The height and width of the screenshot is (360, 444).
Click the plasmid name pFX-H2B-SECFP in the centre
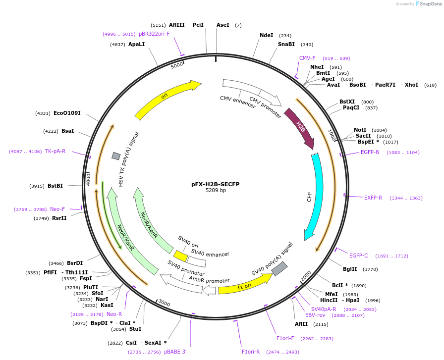(x=216, y=184)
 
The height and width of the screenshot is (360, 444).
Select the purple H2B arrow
(x=301, y=129)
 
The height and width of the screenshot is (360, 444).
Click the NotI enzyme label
(x=360, y=130)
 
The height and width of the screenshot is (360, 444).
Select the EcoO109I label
(x=67, y=113)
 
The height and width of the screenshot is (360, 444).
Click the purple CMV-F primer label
(x=307, y=58)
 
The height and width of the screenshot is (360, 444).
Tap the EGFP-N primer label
(x=370, y=152)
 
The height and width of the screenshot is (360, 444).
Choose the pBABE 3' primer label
(x=175, y=352)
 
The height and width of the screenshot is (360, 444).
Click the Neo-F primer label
(x=57, y=209)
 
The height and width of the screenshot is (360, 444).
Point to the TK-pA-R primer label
(x=55, y=151)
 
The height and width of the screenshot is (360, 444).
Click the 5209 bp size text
(x=216, y=191)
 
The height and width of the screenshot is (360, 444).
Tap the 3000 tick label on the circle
(x=164, y=304)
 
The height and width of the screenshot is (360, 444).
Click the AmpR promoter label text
(x=209, y=280)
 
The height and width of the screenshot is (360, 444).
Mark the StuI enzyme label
(x=135, y=329)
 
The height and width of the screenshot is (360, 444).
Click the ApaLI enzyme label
(x=136, y=44)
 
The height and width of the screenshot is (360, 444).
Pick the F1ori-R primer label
(x=251, y=352)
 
